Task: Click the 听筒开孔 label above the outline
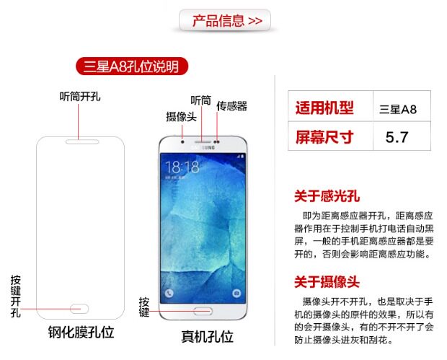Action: pyautogui.click(x=80, y=96)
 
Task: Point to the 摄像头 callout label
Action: pyautogui.click(x=181, y=116)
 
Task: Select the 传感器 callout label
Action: pyautogui.click(x=231, y=106)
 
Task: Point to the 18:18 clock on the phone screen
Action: pyautogui.click(x=182, y=167)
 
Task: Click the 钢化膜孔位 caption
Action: pyautogui.click(x=81, y=333)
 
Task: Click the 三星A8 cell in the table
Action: pyautogui.click(x=398, y=110)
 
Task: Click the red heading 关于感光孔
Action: pyautogui.click(x=327, y=195)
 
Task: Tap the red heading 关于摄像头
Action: pyautogui.click(x=327, y=281)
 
